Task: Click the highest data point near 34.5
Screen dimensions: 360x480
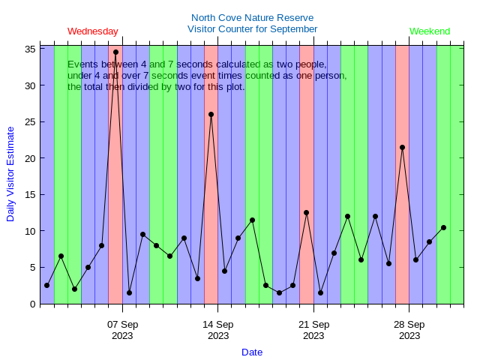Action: pos(115,52)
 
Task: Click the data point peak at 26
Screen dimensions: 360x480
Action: pos(211,115)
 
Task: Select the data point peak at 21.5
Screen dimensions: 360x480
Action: pos(402,148)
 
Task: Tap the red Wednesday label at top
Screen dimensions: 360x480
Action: pos(93,31)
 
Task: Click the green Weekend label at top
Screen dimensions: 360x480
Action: pos(430,31)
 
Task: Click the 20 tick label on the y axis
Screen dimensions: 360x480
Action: pos(31,158)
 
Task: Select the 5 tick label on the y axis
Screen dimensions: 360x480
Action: pos(33,268)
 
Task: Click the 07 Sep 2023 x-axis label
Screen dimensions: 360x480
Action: pos(122,330)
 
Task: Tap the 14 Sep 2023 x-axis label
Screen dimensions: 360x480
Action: pos(218,330)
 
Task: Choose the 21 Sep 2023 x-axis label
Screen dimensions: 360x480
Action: pos(313,330)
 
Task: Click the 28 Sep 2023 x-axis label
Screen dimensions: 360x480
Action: pos(409,330)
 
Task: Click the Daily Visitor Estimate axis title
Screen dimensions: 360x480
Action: pos(10,173)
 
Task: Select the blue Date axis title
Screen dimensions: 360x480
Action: pos(252,352)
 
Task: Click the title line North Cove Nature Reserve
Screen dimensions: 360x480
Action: pos(252,18)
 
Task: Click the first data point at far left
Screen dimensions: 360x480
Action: pos(46,285)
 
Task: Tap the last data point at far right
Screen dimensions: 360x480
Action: pos(443,227)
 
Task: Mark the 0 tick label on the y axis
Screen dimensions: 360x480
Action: pos(33,304)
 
